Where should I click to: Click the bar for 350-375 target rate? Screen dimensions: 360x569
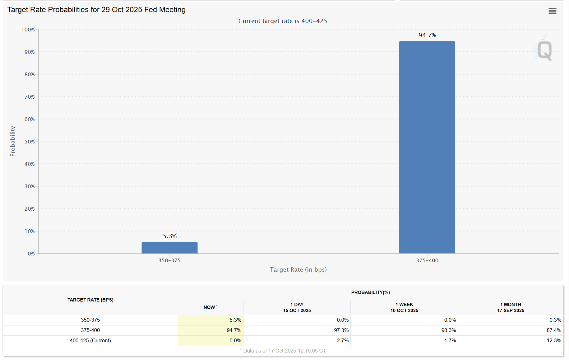[x=169, y=248]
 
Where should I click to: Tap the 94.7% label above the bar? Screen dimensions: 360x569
[x=427, y=35]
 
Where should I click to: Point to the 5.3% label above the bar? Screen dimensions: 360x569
[x=170, y=236]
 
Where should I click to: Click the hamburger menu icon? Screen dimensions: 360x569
[x=552, y=11]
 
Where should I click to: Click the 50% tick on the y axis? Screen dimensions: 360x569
[x=30, y=142]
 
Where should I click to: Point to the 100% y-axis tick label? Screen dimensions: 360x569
[x=28, y=30]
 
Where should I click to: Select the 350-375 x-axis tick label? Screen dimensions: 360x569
[x=169, y=260]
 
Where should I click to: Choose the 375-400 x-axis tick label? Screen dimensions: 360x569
[x=427, y=260]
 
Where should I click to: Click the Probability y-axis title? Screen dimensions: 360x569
[x=12, y=141]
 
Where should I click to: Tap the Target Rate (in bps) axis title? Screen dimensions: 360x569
[x=298, y=269]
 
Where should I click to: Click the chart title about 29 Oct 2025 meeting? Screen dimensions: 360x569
[x=96, y=10]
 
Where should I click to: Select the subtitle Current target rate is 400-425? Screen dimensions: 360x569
[x=283, y=21]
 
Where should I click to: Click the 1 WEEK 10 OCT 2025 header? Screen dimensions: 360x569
[x=404, y=307]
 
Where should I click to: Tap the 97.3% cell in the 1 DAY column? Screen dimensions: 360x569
[x=341, y=330]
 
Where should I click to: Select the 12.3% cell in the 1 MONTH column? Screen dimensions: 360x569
[x=554, y=340]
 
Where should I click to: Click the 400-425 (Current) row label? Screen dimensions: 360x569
[x=90, y=340]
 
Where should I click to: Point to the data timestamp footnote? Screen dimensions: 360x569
[x=283, y=351]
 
